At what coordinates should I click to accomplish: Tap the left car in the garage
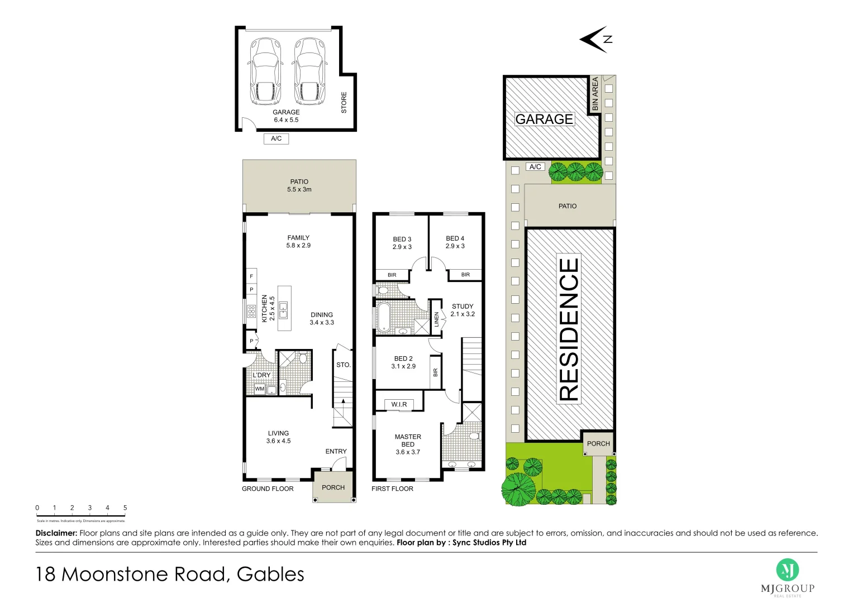click(264, 71)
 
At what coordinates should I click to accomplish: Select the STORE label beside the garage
click(344, 103)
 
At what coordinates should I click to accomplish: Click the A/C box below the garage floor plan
click(276, 138)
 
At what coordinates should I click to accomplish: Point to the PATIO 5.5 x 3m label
click(299, 185)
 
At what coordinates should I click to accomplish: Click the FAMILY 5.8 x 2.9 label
click(298, 241)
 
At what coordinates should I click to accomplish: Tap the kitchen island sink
click(284, 309)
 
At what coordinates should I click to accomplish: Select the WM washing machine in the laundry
click(260, 389)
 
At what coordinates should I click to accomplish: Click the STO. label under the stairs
click(344, 365)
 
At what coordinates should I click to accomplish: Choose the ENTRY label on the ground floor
click(336, 451)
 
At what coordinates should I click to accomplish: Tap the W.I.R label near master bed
click(399, 404)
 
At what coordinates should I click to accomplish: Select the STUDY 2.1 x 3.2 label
click(463, 310)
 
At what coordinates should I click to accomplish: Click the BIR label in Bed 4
click(465, 275)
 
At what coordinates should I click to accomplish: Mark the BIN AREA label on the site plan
click(595, 93)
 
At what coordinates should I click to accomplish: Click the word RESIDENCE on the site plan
click(569, 329)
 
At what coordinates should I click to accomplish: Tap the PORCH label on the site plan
click(598, 443)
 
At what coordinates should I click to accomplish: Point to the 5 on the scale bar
click(125, 508)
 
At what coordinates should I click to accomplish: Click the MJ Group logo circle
click(787, 570)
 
